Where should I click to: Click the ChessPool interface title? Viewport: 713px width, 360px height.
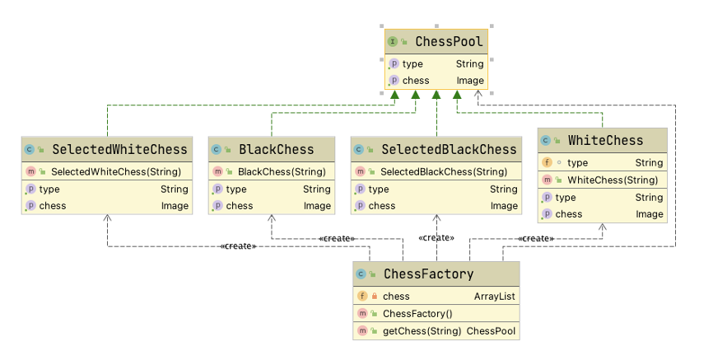click(x=449, y=42)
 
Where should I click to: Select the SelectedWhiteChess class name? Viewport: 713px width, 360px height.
click(x=119, y=149)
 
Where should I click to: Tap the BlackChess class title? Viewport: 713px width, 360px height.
click(x=277, y=149)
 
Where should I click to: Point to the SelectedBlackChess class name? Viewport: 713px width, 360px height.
click(x=449, y=149)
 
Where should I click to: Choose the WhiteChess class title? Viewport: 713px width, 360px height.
click(x=605, y=141)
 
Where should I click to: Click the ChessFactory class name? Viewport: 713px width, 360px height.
click(x=428, y=274)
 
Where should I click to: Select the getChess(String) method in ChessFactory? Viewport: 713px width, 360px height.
click(x=422, y=331)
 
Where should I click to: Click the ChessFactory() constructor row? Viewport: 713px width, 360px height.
click(x=417, y=314)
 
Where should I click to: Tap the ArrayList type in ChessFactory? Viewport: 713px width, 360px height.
click(x=495, y=297)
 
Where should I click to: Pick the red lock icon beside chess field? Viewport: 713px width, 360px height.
click(x=375, y=297)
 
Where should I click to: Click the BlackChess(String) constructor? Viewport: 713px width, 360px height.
click(x=282, y=171)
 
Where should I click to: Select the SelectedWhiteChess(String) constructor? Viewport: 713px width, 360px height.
click(x=116, y=171)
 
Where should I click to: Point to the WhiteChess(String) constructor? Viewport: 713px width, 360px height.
click(x=613, y=180)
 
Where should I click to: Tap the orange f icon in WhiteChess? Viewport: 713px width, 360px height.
click(x=547, y=162)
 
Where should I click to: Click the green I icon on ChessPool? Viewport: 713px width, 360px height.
click(x=392, y=42)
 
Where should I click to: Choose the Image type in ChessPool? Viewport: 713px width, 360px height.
click(x=470, y=81)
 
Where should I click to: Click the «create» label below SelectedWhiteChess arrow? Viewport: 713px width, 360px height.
click(x=238, y=246)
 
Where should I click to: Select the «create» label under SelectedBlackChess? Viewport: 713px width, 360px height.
click(x=436, y=237)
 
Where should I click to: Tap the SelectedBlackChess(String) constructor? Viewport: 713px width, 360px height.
click(x=444, y=171)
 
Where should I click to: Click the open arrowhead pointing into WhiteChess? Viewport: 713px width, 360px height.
click(x=603, y=227)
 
